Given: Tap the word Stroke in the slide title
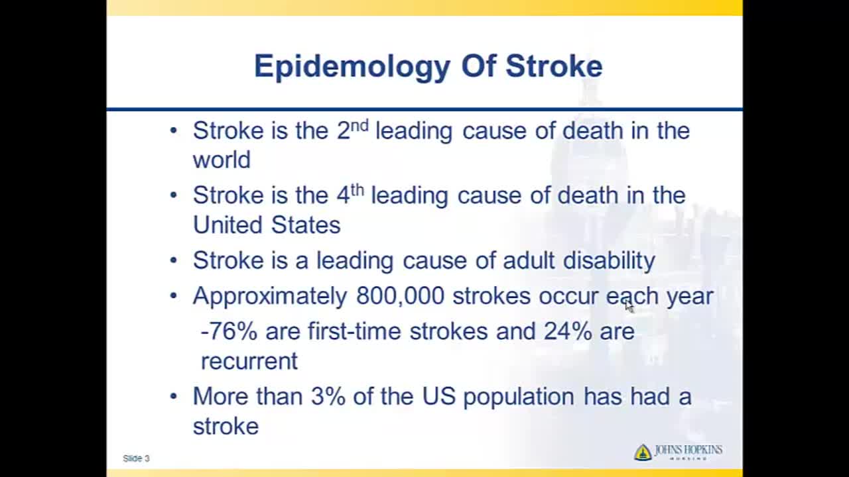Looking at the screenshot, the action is pos(554,66).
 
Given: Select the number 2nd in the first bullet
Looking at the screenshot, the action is pos(352,130).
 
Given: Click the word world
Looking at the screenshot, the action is pos(222,159).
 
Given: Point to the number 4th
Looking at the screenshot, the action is pos(350,195).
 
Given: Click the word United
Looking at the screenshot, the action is pos(228,225).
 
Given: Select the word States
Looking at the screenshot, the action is pos(306,225).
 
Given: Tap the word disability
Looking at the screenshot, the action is pos(609,260).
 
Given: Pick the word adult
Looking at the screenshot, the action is pos(529,260).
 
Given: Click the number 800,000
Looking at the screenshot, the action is pos(400,295).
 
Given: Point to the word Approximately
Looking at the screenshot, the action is pos(270,296).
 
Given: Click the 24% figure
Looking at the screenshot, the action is pos(568,331).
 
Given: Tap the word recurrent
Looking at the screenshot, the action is pos(249,361).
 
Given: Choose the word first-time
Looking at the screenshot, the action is pos(354,331).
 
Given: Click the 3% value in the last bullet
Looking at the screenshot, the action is pos(328,396).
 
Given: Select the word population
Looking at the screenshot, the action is pos(519,397).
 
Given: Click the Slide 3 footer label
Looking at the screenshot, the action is pos(136,458).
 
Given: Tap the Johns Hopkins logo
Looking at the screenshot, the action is pos(678,452).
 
